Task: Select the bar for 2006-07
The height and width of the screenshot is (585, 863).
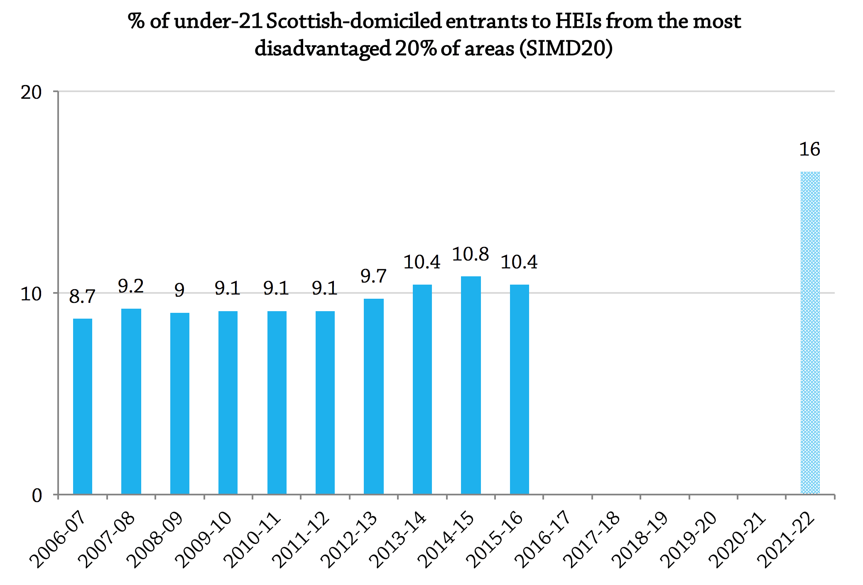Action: (x=83, y=406)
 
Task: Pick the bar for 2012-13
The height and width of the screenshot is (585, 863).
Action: (x=373, y=396)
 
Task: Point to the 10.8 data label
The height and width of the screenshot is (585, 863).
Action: (x=471, y=254)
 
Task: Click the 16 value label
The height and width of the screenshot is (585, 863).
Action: (x=810, y=149)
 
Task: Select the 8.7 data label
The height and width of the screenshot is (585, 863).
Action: (x=82, y=297)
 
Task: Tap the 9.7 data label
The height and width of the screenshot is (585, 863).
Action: (x=373, y=276)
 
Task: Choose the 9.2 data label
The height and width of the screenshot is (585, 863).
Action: (x=131, y=286)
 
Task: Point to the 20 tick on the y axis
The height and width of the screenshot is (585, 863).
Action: (x=31, y=92)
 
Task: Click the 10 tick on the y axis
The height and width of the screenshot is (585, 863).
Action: (x=31, y=294)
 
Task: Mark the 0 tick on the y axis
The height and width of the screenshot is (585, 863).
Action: (x=37, y=495)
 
